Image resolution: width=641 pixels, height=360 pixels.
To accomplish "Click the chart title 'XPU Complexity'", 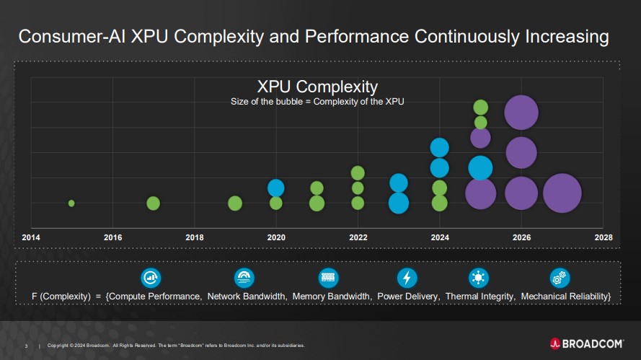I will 317,87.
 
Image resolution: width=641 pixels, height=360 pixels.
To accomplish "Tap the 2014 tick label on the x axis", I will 31,237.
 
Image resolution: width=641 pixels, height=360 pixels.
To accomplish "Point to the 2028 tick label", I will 603,237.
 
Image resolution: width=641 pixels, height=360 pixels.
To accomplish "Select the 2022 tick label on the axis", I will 358,237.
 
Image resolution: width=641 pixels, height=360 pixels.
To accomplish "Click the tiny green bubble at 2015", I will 71,203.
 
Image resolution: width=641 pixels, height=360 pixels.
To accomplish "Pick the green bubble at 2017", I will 153,203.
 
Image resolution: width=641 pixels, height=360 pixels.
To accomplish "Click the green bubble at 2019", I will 235,203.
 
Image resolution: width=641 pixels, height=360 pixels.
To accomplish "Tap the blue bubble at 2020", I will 276,188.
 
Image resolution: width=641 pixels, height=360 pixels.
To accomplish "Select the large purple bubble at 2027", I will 562,193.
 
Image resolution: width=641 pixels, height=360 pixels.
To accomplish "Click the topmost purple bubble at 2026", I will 521,112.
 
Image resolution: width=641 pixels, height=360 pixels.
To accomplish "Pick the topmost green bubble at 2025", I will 481,107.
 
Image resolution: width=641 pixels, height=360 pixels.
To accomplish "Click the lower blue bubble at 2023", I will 399,203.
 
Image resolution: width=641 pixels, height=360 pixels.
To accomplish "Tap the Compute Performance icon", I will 151,278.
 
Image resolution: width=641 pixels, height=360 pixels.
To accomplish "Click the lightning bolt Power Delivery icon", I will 407,278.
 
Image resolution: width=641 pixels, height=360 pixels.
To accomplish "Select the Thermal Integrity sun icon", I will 478,278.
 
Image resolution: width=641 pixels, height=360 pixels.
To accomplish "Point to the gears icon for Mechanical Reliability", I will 560,278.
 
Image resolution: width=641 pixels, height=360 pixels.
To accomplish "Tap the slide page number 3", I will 26,346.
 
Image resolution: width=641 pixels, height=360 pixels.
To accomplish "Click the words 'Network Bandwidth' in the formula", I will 247,297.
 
